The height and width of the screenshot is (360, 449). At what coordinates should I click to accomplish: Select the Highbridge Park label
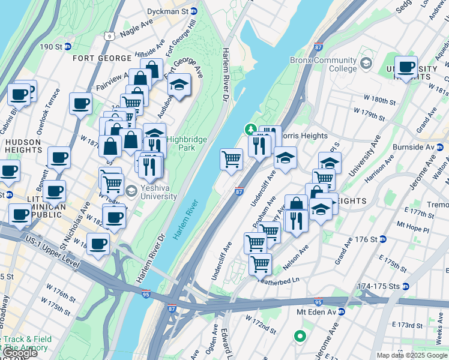tap(187, 143)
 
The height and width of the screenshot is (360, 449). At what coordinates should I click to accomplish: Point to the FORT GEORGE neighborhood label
tap(101, 58)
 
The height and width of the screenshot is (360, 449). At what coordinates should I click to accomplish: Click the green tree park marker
tap(250, 129)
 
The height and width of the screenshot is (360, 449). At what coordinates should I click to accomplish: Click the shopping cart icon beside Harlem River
tap(231, 160)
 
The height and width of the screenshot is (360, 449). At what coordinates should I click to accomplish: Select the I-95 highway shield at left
tap(146, 294)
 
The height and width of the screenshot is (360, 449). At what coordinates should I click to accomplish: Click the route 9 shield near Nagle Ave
tap(109, 36)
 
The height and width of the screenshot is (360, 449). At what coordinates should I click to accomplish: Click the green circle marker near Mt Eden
tap(299, 337)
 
